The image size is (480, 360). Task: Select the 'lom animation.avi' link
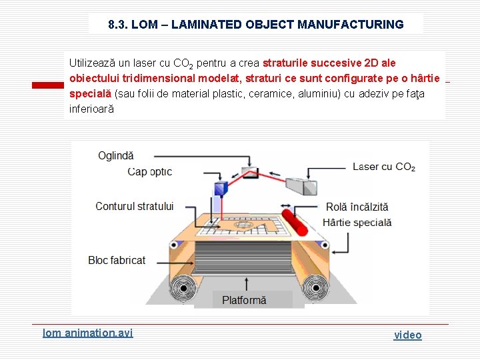click(87, 332)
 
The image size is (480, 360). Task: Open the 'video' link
click(407, 335)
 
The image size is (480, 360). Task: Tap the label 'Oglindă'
click(115, 155)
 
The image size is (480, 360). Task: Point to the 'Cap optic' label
click(149, 171)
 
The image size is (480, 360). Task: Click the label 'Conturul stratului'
click(134, 206)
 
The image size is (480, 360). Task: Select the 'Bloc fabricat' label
click(117, 260)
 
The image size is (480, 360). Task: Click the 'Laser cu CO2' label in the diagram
click(383, 167)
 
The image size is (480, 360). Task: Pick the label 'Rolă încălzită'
click(357, 207)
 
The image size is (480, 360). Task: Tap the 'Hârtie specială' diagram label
click(357, 223)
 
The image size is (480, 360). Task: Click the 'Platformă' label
click(244, 300)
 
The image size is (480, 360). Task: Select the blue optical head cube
click(220, 189)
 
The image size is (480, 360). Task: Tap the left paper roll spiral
click(180, 289)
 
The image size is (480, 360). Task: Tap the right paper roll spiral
click(311, 289)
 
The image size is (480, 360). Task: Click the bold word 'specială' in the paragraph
click(91, 93)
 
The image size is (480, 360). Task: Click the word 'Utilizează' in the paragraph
click(92, 63)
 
